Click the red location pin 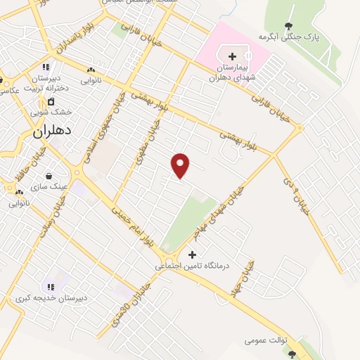(x=181, y=165)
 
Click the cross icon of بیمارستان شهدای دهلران (x=232, y=56)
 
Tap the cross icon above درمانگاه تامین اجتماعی (x=192, y=254)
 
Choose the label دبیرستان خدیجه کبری (x=52, y=298)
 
